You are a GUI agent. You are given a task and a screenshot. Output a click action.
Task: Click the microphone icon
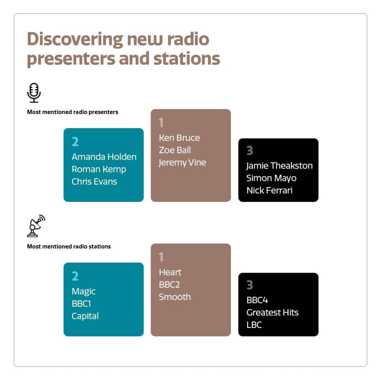34,93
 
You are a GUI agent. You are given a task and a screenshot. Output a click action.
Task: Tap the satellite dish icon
36,226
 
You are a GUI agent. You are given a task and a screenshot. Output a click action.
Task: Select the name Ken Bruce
179,138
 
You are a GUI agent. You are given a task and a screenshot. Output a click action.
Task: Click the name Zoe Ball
174,150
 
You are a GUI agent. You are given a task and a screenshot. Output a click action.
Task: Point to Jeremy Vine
182,163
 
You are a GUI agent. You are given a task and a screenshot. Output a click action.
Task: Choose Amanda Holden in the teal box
104,157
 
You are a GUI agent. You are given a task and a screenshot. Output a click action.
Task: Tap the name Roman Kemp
99,169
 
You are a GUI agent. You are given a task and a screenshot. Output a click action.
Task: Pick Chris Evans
94,181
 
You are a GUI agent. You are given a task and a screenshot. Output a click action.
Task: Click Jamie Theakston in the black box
279,166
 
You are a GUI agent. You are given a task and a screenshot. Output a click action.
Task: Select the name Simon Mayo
271,178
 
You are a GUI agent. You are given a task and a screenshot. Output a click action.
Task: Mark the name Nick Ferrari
269,190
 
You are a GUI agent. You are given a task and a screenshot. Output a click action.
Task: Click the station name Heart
170,272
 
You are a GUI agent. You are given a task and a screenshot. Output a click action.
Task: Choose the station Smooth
174,297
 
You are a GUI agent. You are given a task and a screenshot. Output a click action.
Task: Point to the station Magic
83,291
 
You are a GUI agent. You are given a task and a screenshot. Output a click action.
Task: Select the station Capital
85,316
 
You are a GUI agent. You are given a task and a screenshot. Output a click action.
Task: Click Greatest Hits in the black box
272,313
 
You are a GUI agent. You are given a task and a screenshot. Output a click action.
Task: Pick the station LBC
254,325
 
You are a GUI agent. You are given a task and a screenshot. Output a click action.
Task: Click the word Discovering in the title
75,39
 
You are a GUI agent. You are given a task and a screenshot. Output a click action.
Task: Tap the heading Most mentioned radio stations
69,246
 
